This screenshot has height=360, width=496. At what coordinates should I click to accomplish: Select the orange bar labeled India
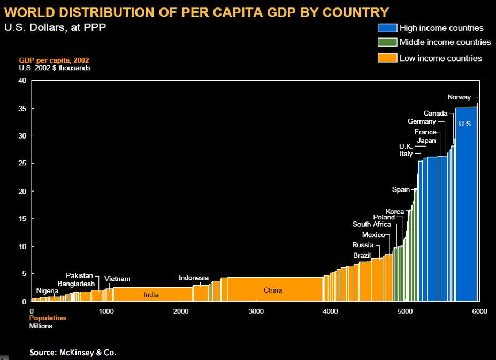[151, 294]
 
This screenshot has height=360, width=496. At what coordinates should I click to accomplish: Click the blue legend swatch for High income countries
[387, 28]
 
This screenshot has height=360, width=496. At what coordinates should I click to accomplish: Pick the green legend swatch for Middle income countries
[387, 42]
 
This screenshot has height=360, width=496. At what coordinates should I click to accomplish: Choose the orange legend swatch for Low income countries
[387, 58]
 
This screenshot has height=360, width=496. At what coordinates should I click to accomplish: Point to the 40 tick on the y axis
[22, 81]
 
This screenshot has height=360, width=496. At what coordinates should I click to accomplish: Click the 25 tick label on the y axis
[22, 164]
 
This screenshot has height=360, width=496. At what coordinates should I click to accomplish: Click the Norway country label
[459, 97]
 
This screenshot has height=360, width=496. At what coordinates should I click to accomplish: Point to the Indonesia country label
[193, 278]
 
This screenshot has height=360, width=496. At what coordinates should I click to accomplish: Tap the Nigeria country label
[47, 291]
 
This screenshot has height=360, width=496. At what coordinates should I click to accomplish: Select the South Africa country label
[371, 224]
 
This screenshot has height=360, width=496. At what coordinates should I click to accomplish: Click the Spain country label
[401, 189]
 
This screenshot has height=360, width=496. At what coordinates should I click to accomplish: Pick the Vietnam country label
[117, 279]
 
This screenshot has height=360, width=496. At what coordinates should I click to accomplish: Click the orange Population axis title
[48, 318]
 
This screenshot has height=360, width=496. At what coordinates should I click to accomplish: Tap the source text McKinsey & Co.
[73, 353]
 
